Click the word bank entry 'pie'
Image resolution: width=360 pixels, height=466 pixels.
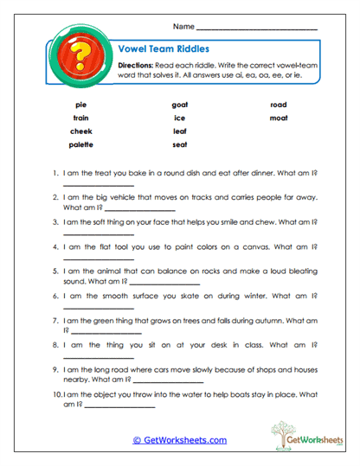point(81,105)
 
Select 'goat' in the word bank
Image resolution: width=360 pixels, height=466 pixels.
point(180,105)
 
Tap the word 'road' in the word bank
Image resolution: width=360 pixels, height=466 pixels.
point(278,105)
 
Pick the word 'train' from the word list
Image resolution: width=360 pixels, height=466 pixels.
point(81,118)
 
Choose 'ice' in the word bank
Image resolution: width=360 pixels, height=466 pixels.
point(180,118)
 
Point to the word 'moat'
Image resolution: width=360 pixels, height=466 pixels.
point(278,118)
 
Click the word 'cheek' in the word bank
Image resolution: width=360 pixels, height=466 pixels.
point(81,131)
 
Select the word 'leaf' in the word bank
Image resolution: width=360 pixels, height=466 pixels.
point(180,131)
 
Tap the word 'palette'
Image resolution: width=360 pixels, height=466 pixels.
point(81,144)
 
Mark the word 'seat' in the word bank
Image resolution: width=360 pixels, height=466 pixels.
point(180,144)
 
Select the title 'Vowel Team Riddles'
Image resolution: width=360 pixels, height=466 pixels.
point(160,49)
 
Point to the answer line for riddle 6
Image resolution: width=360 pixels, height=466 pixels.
point(99,309)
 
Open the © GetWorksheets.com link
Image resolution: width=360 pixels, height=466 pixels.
point(180,440)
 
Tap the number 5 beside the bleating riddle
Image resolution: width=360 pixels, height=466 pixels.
point(56,271)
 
